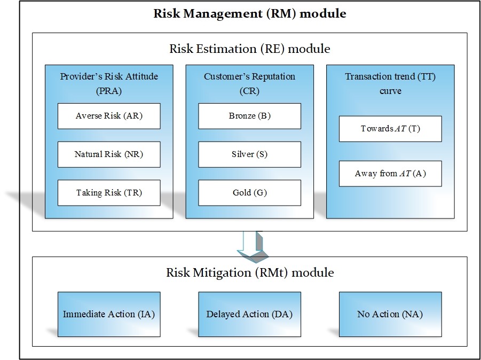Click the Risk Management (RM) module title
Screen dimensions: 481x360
pyautogui.click(x=250, y=13)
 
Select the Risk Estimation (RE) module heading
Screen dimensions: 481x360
pyautogui.click(x=250, y=49)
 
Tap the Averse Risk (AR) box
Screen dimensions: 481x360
pyautogui.click(x=109, y=116)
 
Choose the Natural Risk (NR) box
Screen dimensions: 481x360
pyautogui.click(x=109, y=154)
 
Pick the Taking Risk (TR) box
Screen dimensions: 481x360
pyautogui.click(x=109, y=193)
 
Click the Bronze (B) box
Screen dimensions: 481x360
pyautogui.click(x=249, y=116)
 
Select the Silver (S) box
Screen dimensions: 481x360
pyautogui.click(x=249, y=154)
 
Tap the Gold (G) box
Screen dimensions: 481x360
pyautogui.click(x=249, y=193)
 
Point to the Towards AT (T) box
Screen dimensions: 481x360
pyautogui.click(x=390, y=129)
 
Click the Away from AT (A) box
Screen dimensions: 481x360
pyautogui.click(x=390, y=174)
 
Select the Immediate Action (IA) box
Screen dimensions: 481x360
pyautogui.click(x=109, y=314)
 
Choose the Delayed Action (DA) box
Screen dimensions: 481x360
pyautogui.click(x=249, y=314)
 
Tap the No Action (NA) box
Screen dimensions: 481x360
pyautogui.click(x=390, y=314)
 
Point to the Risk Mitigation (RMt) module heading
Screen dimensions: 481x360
pyautogui.click(x=250, y=272)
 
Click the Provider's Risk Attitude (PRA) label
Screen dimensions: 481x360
pyautogui.click(x=109, y=83)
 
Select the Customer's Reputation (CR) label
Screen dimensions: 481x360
pyautogui.click(x=249, y=83)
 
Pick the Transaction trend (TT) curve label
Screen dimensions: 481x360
pyautogui.click(x=390, y=83)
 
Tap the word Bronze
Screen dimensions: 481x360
pyautogui.click(x=242, y=116)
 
